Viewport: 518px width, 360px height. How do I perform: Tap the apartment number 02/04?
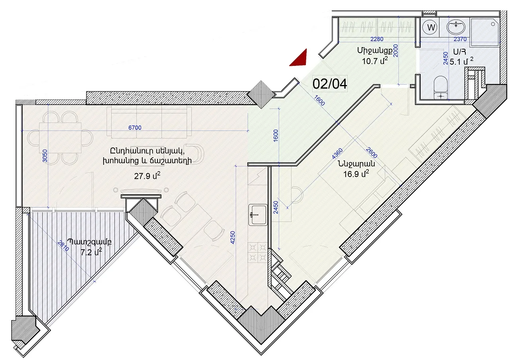330,84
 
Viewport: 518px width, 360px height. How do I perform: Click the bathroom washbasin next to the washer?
456,28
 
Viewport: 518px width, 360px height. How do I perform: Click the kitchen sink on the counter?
258,215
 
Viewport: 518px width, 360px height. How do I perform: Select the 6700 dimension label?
135,128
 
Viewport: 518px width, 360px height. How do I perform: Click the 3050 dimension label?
45,156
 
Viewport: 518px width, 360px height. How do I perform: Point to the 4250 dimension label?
233,237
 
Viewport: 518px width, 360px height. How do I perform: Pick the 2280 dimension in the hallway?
377,39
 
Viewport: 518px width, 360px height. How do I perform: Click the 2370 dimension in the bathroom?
460,39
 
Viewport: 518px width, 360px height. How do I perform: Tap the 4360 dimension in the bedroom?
337,154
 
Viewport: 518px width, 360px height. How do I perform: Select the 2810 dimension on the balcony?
63,246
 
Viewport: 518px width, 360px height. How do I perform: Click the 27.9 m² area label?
147,176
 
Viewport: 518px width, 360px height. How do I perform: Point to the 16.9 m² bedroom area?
356,173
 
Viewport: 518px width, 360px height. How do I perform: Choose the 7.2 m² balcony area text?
91,252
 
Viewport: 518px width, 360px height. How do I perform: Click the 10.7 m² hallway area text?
375,61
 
